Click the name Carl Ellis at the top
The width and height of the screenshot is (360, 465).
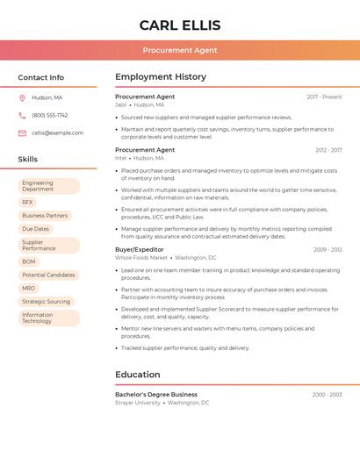[180, 25]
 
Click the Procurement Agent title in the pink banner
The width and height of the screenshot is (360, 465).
[180, 50]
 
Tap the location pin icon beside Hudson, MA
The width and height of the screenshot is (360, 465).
[22, 97]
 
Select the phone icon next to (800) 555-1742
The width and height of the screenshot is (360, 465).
[22, 115]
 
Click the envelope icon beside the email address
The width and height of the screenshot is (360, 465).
[22, 132]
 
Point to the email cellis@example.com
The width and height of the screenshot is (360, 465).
[58, 132]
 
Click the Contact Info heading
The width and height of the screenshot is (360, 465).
[41, 77]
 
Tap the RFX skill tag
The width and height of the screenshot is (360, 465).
[28, 202]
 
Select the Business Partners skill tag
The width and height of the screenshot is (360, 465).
[45, 215]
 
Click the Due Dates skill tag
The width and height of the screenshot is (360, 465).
[35, 229]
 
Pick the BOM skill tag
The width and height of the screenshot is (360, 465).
[29, 261]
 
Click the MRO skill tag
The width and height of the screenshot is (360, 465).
[29, 288]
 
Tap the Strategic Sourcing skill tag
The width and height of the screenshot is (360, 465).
[46, 301]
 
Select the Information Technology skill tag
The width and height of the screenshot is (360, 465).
[47, 318]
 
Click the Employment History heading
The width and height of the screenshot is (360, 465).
[161, 77]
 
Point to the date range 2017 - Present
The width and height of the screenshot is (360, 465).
[324, 97]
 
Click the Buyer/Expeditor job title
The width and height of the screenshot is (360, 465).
[140, 249]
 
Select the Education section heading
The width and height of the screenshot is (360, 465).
[138, 375]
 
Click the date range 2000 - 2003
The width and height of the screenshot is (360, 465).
[327, 395]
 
